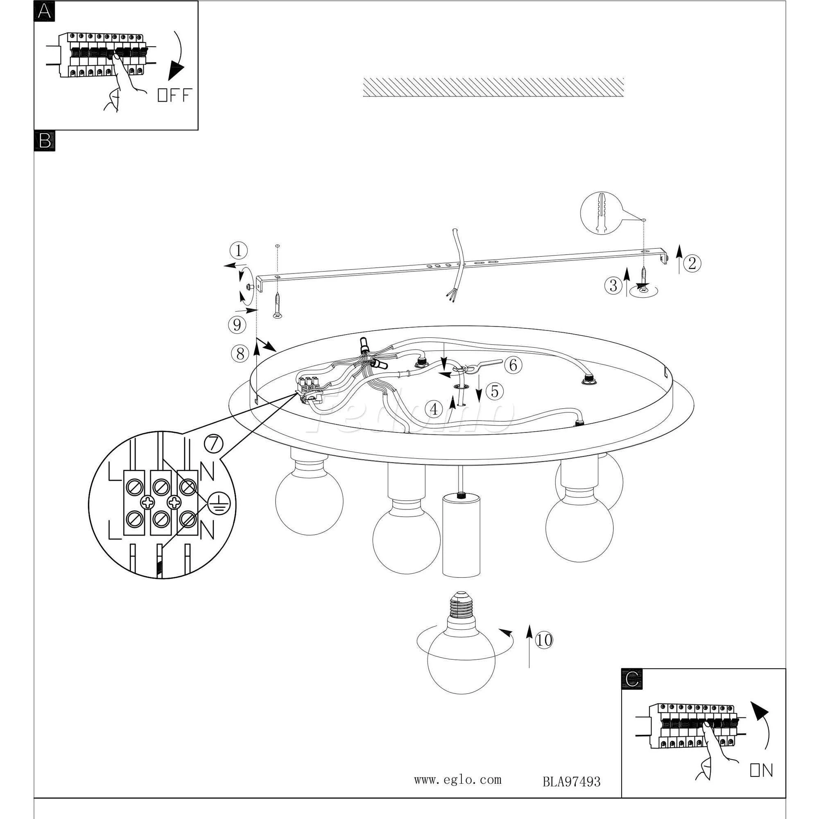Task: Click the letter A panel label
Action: [x=44, y=11]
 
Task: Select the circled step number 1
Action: [x=239, y=251]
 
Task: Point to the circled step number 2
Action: [x=692, y=264]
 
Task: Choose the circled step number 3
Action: [x=613, y=286]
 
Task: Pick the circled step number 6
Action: [x=513, y=365]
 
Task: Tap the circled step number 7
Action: [x=213, y=444]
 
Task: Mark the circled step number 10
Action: [x=544, y=652]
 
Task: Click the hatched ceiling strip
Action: [x=493, y=87]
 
